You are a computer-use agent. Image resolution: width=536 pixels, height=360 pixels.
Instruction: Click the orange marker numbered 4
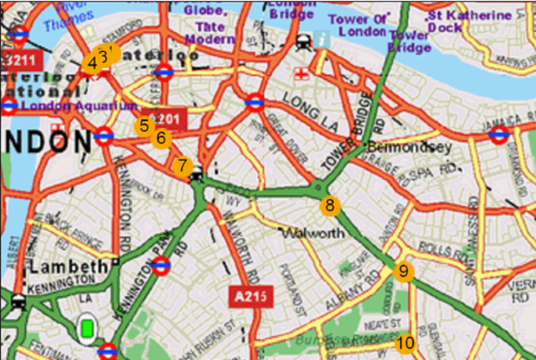[91, 64]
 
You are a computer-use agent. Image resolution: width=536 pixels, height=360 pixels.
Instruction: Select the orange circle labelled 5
[144, 126]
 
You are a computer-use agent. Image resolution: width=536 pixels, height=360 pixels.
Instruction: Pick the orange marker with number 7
[183, 166]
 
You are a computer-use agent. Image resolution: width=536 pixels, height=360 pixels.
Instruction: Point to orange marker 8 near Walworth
[330, 205]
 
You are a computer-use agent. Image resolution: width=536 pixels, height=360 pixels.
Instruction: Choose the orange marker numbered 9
[404, 271]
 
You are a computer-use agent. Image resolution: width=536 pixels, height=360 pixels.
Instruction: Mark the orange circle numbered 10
[405, 342]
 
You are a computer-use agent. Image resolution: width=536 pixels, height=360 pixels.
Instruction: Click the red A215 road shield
[248, 296]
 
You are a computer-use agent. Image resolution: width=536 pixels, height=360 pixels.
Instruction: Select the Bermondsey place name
[409, 147]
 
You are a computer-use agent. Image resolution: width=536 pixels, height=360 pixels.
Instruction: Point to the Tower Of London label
[359, 26]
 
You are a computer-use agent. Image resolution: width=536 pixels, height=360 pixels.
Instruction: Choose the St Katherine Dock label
[468, 21]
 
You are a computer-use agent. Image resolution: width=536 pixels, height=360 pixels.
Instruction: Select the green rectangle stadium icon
[86, 327]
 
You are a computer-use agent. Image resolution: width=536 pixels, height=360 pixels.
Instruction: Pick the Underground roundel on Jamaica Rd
[499, 135]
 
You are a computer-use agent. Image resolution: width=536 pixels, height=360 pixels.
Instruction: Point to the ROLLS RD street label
[435, 249]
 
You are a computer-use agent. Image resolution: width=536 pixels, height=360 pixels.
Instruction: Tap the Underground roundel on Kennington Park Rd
[162, 266]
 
